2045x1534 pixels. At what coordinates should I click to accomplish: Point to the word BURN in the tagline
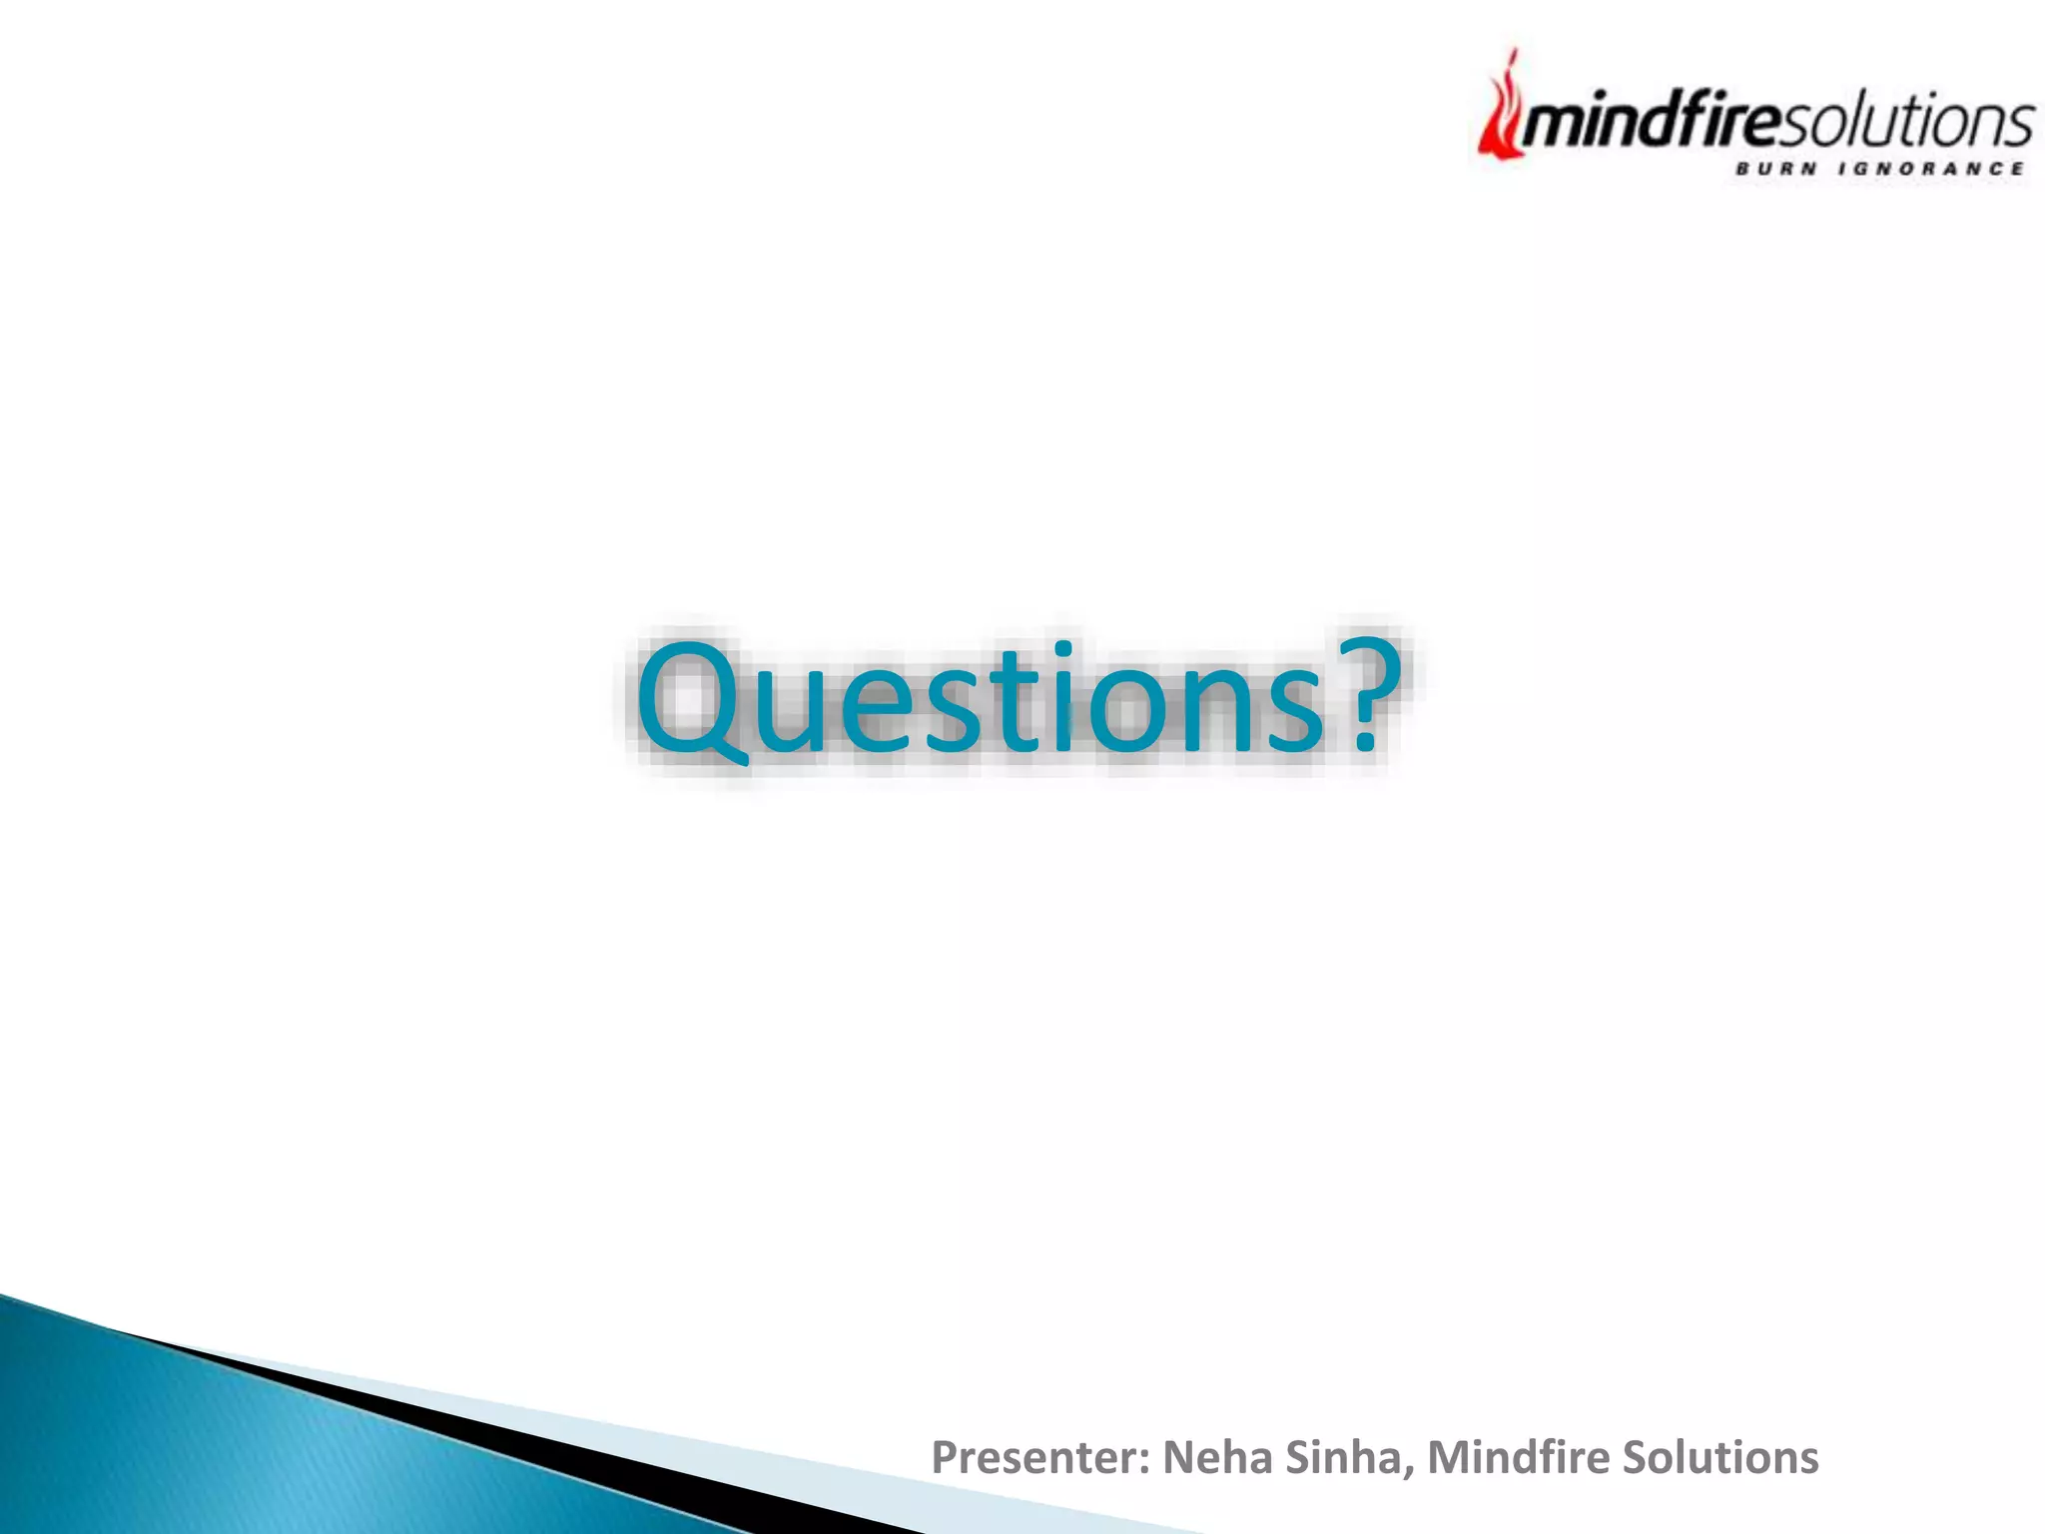[x=1773, y=169]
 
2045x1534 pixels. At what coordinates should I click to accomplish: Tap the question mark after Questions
[x=1365, y=691]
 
